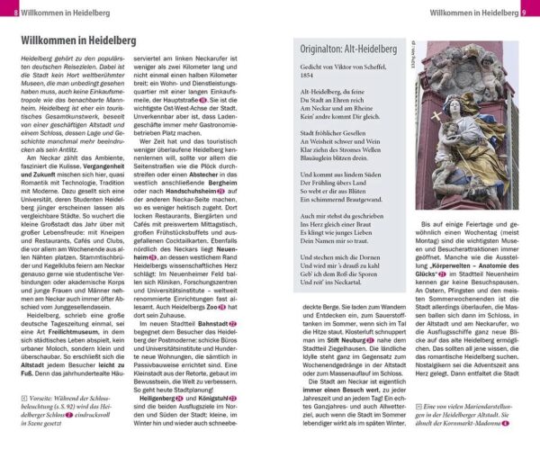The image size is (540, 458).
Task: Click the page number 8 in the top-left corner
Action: [x=6, y=12]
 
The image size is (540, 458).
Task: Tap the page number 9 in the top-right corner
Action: [x=532, y=12]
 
